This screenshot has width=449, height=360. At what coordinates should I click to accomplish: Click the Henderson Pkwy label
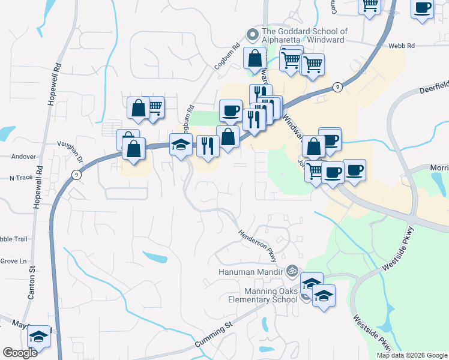258,247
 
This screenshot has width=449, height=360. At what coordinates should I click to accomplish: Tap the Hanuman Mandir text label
250,271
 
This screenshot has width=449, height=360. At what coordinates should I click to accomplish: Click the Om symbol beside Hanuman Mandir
292,271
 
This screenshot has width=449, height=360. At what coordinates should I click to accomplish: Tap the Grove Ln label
14,261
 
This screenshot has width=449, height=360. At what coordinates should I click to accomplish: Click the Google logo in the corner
20,353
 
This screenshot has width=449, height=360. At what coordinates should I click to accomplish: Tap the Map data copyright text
412,355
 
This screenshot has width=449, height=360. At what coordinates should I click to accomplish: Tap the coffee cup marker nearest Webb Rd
423,8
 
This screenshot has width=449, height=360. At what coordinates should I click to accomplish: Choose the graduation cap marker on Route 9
181,145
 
